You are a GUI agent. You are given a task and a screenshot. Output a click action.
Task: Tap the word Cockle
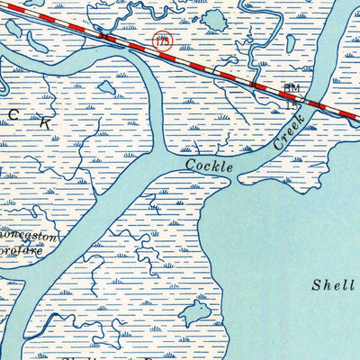tap(210, 166)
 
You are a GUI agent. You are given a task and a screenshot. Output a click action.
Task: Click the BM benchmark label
tap(292, 88)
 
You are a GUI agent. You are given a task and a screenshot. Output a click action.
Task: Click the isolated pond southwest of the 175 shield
tap(107, 87)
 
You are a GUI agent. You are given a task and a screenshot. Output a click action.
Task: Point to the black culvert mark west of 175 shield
tap(106, 37)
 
